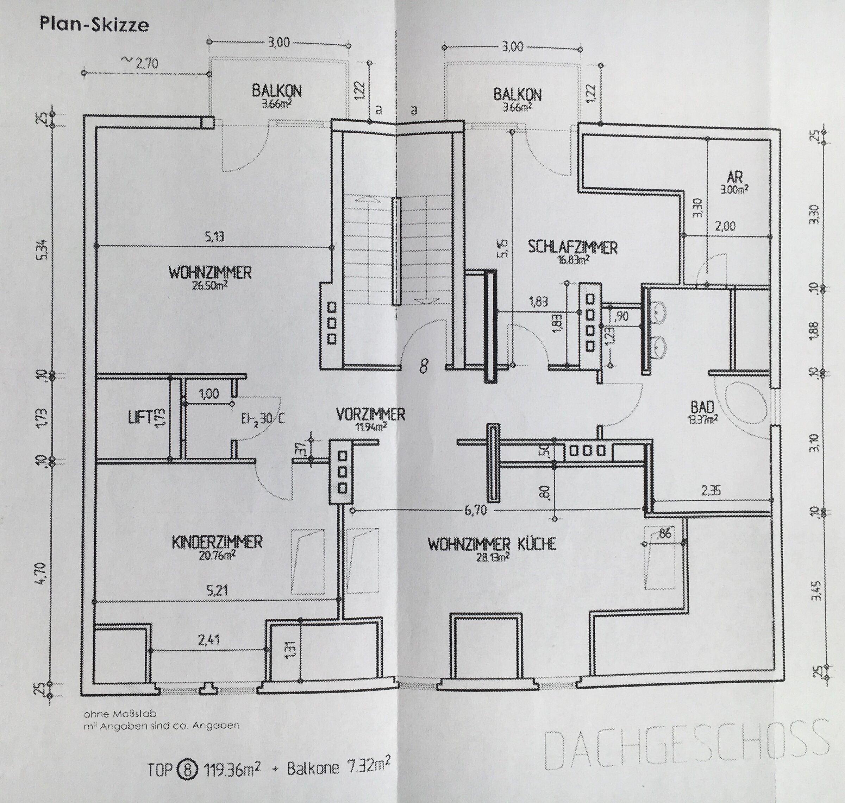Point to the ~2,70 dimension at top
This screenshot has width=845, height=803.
[x=140, y=63]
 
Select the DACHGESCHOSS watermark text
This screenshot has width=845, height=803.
[x=686, y=743]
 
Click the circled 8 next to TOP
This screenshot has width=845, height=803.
[x=188, y=769]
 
